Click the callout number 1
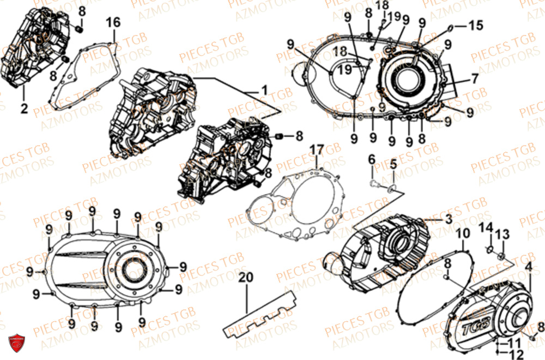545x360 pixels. (264, 89)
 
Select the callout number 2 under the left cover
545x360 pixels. (24, 109)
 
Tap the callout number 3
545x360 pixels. (448, 220)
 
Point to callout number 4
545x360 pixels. (528, 267)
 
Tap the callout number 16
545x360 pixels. (113, 22)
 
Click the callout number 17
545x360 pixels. (317, 149)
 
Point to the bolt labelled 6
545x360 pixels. (373, 184)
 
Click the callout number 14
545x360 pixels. (486, 226)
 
